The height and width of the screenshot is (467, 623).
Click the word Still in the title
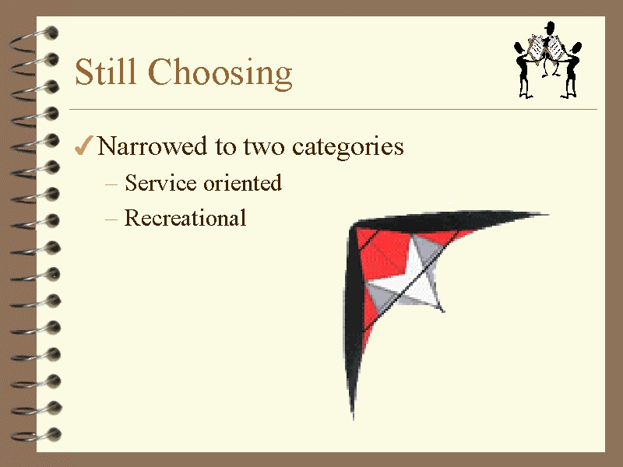105,72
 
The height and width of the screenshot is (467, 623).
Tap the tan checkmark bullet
84,146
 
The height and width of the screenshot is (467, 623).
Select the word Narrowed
152,146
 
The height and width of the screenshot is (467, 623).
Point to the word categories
347,148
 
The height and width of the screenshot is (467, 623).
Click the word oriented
242,183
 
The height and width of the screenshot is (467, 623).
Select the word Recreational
185,218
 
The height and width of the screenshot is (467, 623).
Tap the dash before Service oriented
111,184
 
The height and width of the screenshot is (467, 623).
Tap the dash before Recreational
111,219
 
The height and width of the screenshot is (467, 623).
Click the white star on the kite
405,278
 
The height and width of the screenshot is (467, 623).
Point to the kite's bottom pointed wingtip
353,417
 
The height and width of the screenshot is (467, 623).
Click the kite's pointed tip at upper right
547,215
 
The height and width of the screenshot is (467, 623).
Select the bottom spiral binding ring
36,435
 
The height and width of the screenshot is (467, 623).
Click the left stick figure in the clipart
523,69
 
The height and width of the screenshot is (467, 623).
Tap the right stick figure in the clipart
572,69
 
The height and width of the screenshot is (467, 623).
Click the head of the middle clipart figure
550,27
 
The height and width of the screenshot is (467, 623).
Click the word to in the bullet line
226,147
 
